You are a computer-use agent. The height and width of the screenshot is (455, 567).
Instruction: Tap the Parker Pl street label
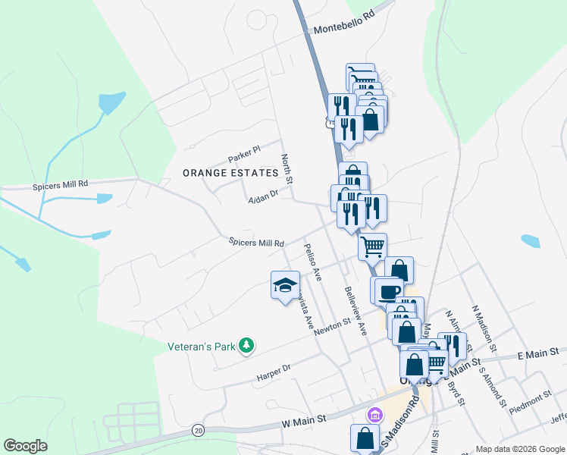[244, 154]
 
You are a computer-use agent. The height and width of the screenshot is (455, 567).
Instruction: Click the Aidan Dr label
[264, 197]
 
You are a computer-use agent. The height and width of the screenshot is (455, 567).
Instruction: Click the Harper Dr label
[274, 369]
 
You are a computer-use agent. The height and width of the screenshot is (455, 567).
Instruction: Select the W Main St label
[302, 418]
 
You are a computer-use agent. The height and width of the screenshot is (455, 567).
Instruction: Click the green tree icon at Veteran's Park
[246, 346]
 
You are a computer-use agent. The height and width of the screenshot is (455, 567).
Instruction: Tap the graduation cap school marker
[285, 286]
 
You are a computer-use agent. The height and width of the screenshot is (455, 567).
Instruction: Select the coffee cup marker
[389, 291]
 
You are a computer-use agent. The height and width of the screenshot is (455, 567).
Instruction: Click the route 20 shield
[198, 429]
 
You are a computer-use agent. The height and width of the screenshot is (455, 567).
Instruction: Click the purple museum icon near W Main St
[374, 415]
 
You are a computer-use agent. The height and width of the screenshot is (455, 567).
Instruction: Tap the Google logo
[26, 446]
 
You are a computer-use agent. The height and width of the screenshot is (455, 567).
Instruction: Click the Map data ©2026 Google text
[520, 448]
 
